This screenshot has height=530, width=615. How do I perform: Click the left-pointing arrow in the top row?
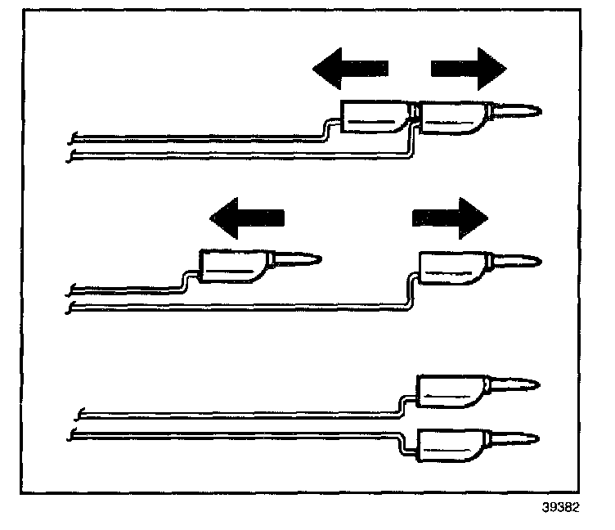(350, 67)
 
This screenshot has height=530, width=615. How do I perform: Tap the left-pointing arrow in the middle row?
(247, 217)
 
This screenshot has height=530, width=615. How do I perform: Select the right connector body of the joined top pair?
(451, 117)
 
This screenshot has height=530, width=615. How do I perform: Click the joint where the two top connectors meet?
(415, 115)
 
